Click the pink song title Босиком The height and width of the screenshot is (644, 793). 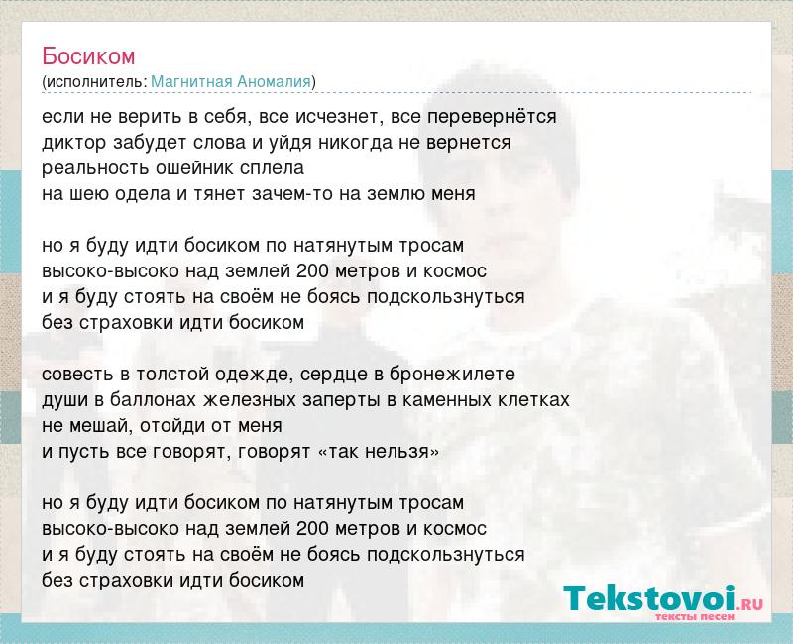88,56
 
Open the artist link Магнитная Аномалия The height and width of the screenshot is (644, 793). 231,81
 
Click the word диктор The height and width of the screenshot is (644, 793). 74,143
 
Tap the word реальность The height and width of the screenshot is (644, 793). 95,168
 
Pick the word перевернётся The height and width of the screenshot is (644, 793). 492,117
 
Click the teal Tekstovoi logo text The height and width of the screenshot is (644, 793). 649,598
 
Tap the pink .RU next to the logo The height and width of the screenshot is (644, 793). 750,603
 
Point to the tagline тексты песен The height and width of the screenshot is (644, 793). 695,616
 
